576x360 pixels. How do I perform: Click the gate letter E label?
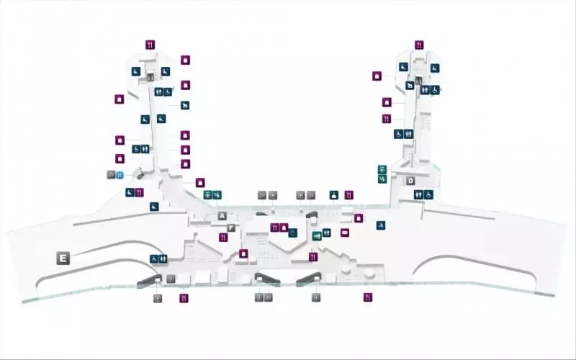pos(63,258)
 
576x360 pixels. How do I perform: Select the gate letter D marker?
pos(410,181)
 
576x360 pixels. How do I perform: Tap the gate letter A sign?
pos(222,216)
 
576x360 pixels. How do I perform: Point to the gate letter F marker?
pos(230,228)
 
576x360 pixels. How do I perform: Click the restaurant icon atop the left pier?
pos(150,45)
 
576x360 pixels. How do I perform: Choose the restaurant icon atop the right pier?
pos(419,45)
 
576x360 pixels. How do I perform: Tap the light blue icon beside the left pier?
pos(120,175)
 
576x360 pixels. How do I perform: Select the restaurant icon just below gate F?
pos(223,238)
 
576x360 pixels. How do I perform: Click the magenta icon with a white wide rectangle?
pos(345,233)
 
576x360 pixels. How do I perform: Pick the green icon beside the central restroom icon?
pos(316,236)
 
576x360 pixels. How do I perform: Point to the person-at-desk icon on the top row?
pos(333,195)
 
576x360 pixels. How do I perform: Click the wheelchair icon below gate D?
pos(428,194)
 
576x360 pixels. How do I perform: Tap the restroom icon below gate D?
pos(418,194)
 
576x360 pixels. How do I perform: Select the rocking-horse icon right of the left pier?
pos(185,105)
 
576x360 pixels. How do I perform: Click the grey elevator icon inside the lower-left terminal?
pos(171,279)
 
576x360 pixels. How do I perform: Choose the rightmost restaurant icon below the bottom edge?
pos(368,297)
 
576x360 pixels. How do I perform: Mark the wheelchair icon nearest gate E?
pos(154,259)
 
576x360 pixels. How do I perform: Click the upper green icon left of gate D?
pos(382,170)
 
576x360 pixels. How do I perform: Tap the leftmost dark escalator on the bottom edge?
pos(150,282)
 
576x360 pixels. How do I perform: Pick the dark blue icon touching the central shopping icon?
pos(293,233)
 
